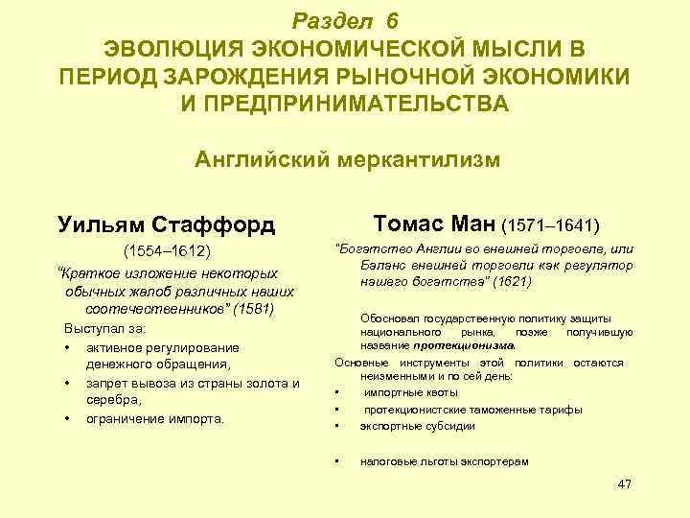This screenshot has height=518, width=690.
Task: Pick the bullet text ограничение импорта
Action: point(155,418)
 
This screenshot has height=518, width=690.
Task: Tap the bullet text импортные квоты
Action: point(411,392)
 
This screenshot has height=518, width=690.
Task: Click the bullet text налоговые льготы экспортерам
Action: point(444,461)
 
